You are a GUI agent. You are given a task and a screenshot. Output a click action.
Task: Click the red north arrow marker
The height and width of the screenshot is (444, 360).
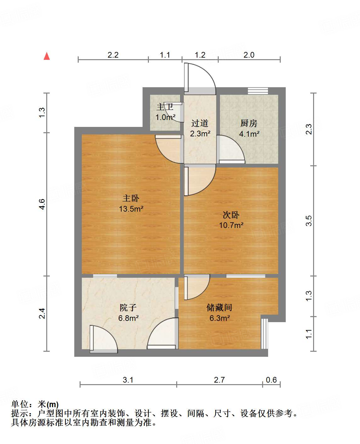coord(47,56)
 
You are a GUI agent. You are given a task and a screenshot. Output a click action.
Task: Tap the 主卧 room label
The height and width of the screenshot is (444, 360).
coord(131,198)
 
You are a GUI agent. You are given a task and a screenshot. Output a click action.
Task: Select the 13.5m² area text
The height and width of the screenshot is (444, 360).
coord(131,209)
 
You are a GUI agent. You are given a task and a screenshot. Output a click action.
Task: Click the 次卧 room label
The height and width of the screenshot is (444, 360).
coord(231,215)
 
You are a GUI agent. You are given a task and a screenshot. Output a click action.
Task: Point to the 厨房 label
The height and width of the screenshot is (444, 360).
coord(249,123)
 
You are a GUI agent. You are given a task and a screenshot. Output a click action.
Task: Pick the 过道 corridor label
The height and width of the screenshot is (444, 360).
coord(200,123)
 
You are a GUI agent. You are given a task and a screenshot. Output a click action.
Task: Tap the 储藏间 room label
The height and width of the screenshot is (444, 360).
coord(219,307)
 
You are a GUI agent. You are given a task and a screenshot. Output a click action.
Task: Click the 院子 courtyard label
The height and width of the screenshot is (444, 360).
coord(128,308)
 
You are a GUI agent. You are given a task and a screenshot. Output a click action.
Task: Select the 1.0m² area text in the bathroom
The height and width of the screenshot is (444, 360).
coord(165,117)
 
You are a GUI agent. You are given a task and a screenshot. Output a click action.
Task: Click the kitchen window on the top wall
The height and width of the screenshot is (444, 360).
coord(258,91)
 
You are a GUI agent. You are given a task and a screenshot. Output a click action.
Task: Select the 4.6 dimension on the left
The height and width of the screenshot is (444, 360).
coord(42,204)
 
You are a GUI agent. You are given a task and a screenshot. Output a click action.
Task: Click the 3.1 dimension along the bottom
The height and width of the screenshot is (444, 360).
coord(128,380)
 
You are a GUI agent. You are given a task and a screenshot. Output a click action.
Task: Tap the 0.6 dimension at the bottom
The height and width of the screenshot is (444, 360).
coord(271,380)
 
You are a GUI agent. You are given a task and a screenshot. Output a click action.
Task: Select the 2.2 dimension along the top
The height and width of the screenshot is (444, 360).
coord(113,55)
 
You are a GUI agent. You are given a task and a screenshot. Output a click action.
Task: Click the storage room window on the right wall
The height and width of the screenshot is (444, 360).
coord(265,334)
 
